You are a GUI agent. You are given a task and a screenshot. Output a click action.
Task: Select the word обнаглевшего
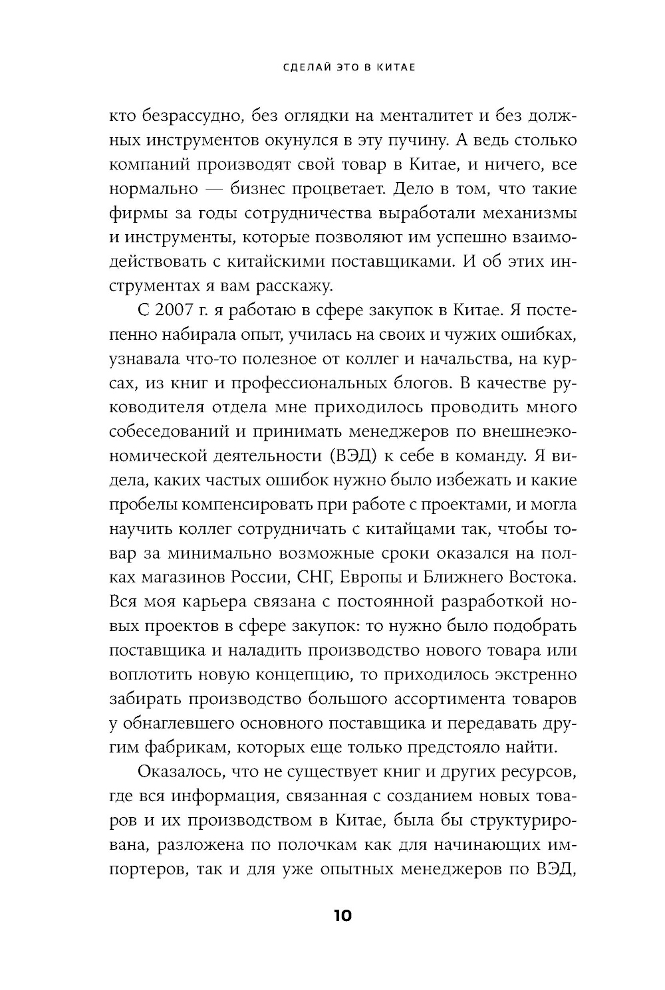[x=176, y=723]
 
